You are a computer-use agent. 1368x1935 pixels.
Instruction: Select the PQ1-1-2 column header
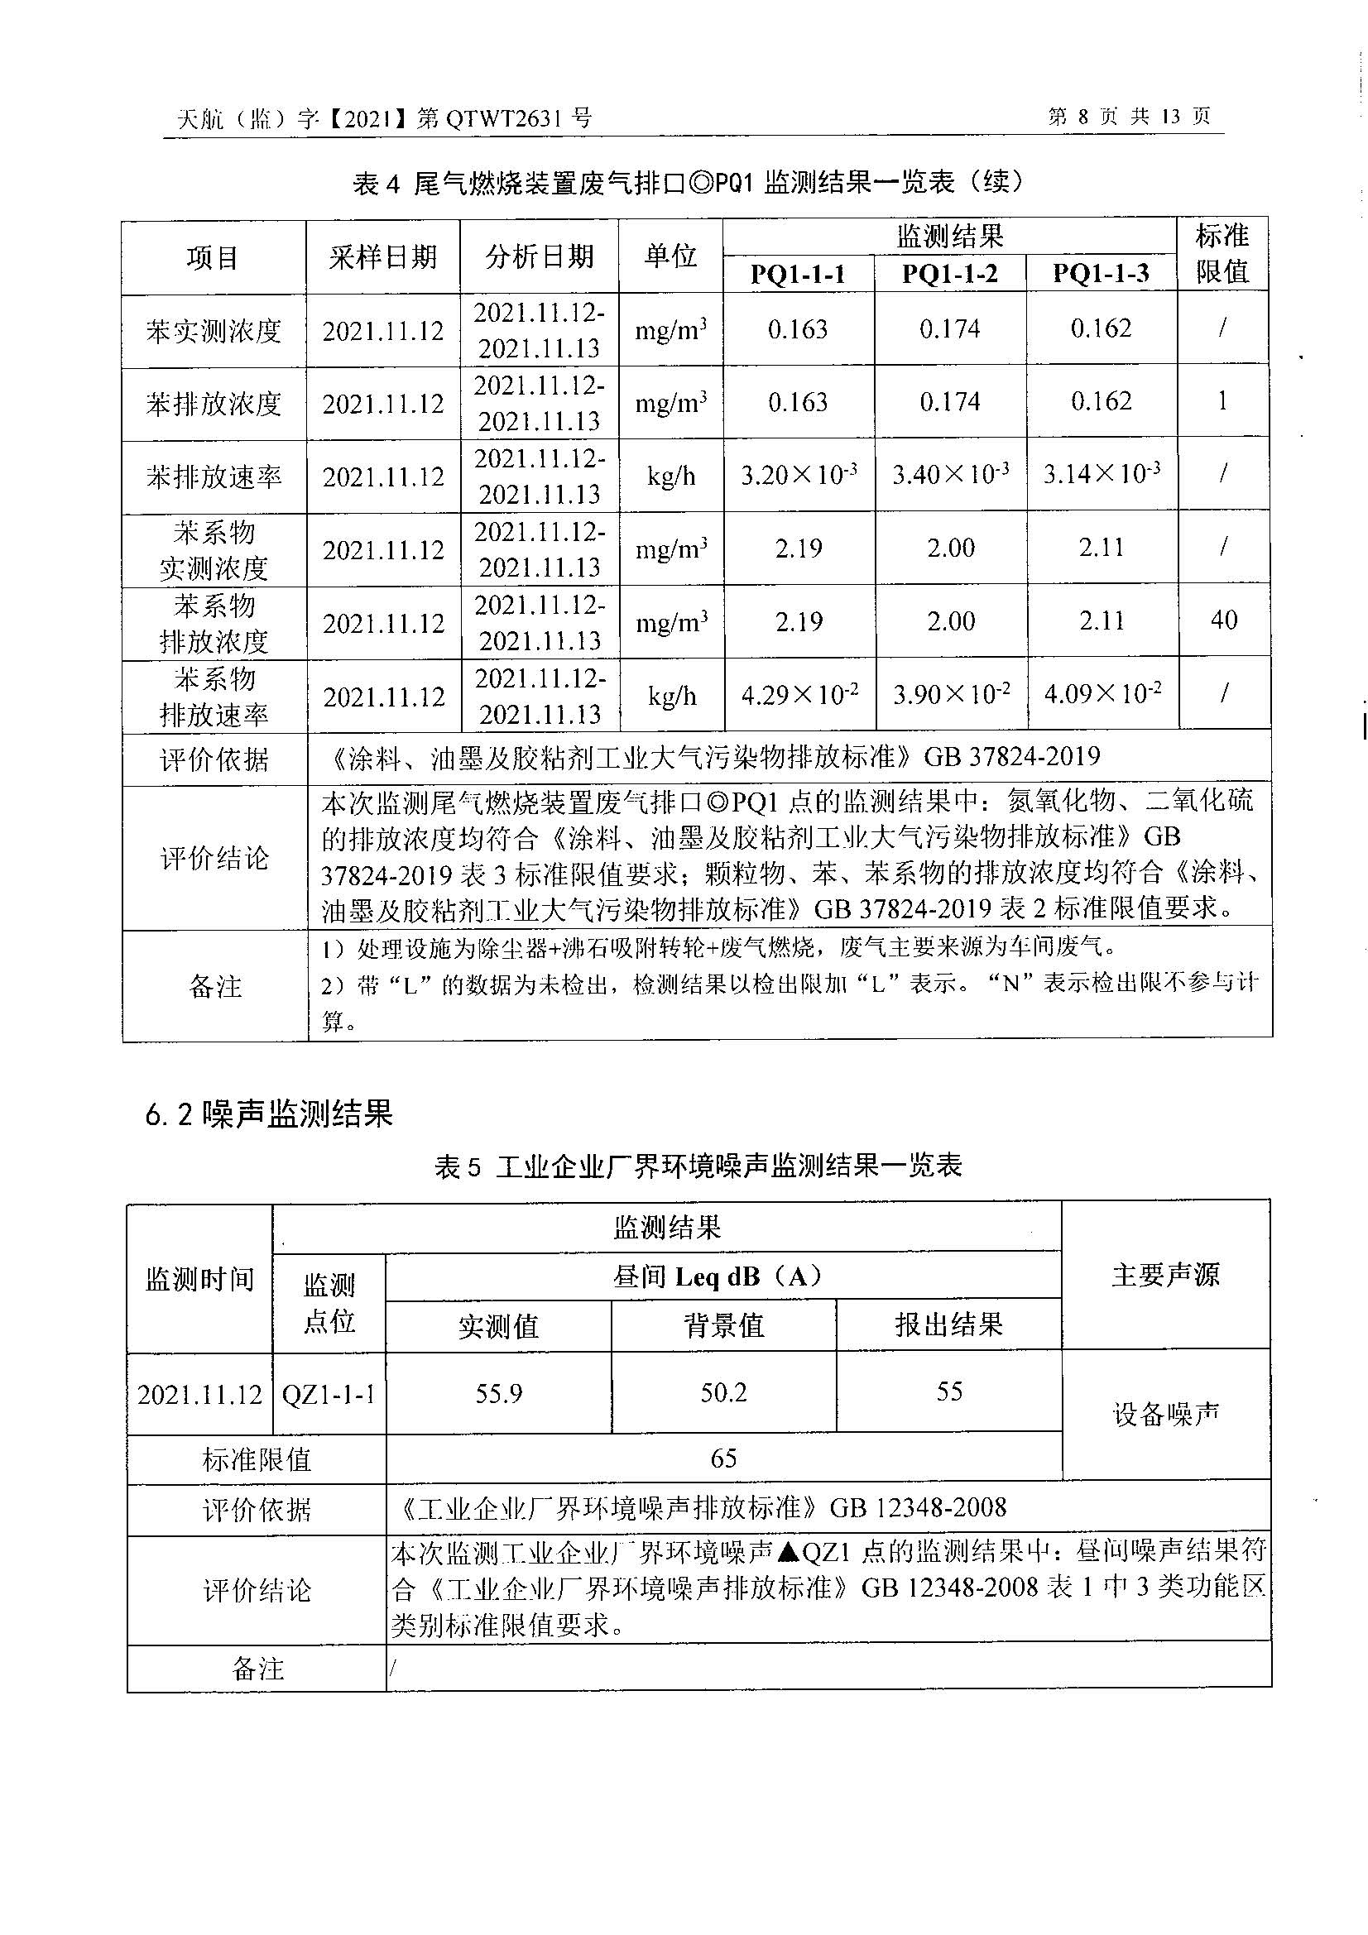[x=950, y=274]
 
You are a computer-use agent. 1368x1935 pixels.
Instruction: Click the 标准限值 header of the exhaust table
[x=1222, y=254]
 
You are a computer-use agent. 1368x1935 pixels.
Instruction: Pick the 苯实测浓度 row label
[x=214, y=331]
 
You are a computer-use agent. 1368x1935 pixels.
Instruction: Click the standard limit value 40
[x=1224, y=620]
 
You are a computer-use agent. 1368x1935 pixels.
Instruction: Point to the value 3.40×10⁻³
[x=951, y=475]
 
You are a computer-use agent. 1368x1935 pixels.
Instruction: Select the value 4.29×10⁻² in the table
[x=799, y=695]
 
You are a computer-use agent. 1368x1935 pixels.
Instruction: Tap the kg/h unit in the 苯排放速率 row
[x=671, y=477]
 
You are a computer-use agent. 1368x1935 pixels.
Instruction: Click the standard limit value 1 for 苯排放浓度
[x=1222, y=401]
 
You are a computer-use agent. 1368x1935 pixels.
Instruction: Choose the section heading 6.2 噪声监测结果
[x=269, y=1114]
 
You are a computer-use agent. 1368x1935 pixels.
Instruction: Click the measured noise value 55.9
[x=499, y=1393]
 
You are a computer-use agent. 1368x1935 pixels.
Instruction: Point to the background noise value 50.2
[x=724, y=1392]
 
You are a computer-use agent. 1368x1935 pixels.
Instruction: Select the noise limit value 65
[x=724, y=1458]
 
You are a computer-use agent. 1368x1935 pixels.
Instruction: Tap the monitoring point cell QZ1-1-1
[x=329, y=1395]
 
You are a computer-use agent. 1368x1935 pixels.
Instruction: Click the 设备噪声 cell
[x=1166, y=1415]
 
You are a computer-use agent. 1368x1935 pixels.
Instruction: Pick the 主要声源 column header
[x=1166, y=1274]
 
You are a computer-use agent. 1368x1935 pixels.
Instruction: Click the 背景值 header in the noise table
[x=724, y=1325]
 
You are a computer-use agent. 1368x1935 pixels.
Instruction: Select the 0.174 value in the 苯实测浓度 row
[x=950, y=328]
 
